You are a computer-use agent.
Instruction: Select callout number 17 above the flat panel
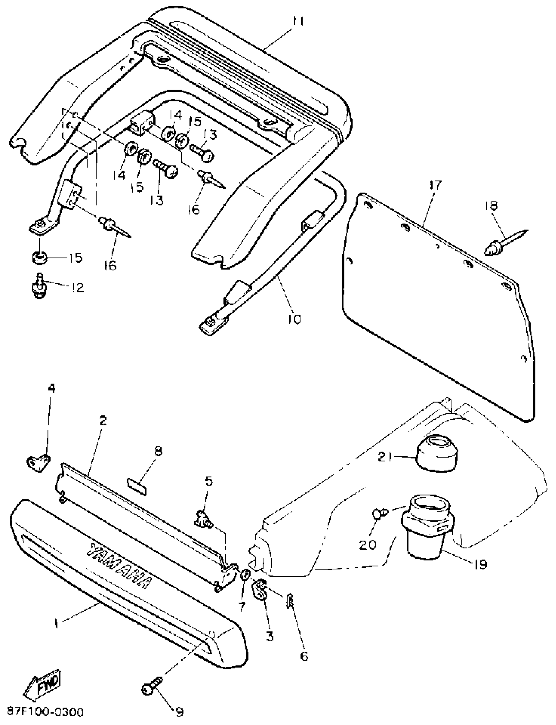pos(436,185)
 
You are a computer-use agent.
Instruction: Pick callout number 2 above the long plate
pos(103,421)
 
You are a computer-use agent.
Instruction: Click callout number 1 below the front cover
pos(57,624)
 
